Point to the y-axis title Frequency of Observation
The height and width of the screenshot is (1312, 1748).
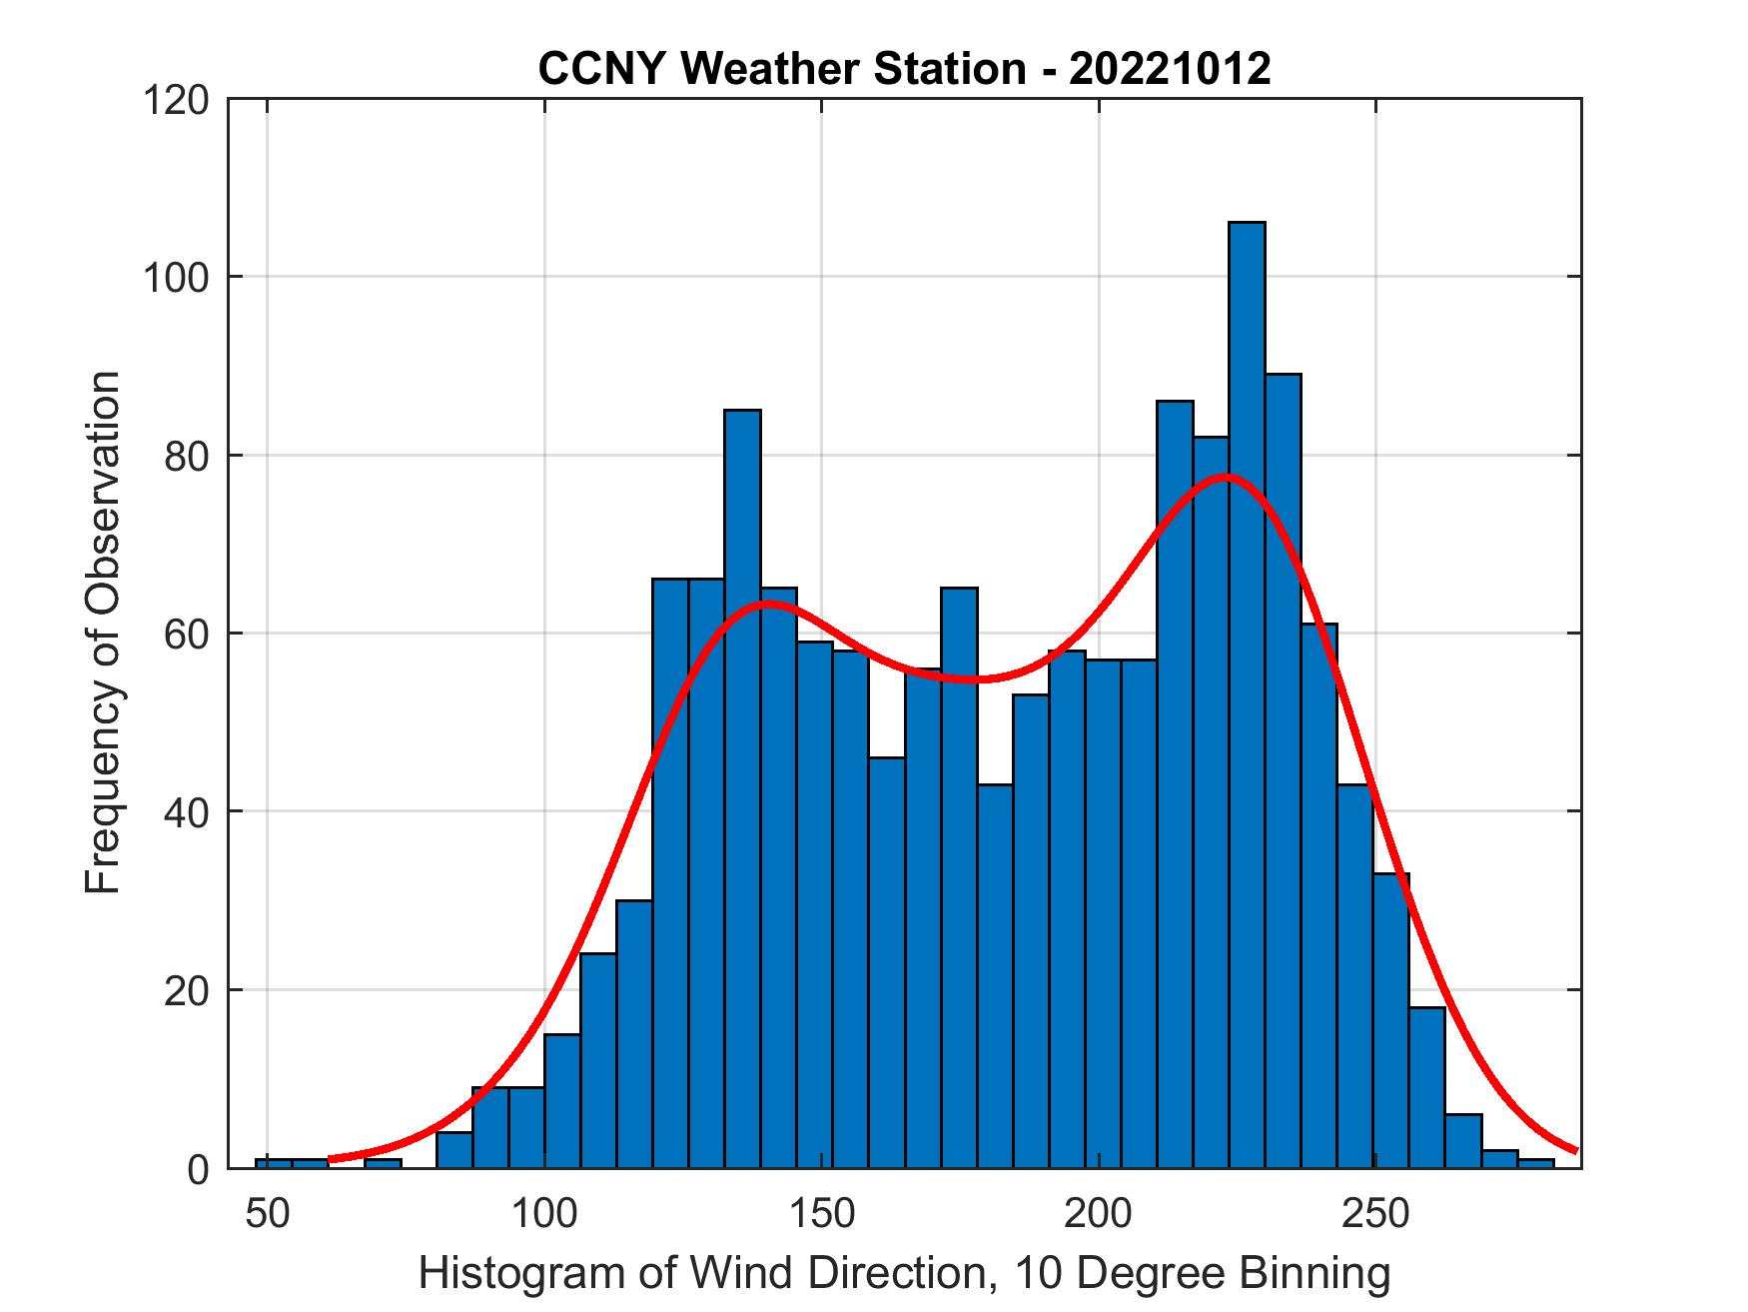coord(103,633)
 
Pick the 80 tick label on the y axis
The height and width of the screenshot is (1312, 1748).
coord(187,456)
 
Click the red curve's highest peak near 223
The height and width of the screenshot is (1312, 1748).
coord(1226,476)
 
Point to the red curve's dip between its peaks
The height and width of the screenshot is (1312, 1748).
coord(981,679)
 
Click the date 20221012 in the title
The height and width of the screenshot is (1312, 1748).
coord(1170,68)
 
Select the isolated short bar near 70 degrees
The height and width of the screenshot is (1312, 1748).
coord(383,1163)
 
